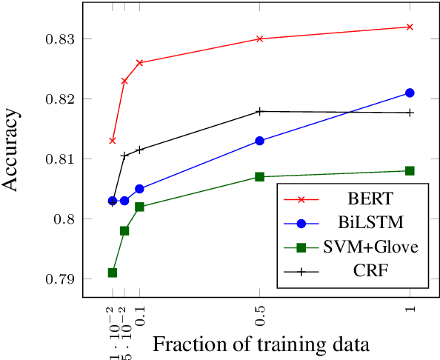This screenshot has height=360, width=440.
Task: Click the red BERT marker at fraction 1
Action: (410, 27)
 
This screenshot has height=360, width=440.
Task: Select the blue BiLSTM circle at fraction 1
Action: (410, 93)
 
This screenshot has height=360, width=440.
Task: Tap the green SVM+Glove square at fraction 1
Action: (410, 170)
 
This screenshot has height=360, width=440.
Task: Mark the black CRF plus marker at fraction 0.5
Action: (259, 111)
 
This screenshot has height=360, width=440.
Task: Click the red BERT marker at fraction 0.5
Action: (259, 39)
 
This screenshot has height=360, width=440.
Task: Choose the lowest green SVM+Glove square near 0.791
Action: (113, 273)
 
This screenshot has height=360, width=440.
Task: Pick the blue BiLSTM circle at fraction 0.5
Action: (259, 141)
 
